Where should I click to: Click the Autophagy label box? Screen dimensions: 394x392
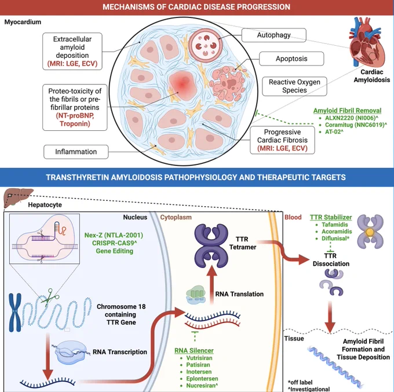[x=274, y=35]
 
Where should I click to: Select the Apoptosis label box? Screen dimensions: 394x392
[x=291, y=58]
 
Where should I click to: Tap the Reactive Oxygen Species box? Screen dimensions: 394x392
[x=294, y=86]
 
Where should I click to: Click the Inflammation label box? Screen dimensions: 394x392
[x=76, y=152]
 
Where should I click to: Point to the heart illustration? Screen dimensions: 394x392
[x=367, y=42]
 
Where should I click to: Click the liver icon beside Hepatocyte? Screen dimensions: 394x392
[x=18, y=197]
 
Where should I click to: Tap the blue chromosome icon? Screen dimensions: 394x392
[x=15, y=312]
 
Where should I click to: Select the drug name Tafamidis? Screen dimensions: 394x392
[x=335, y=225]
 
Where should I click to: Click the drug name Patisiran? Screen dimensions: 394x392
[x=198, y=365]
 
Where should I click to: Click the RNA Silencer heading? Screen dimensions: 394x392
[x=194, y=350]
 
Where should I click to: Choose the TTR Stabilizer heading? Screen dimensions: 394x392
[x=331, y=217]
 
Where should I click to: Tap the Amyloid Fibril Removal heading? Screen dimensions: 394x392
[x=347, y=111]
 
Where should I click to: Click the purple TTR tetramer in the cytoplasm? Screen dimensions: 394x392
[x=211, y=246]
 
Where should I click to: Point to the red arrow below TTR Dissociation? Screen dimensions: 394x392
[x=330, y=317]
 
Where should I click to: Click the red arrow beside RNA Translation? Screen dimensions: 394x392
[x=211, y=285]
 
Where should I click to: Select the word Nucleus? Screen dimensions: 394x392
[x=135, y=217]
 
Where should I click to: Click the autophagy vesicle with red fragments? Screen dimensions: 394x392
[x=206, y=46]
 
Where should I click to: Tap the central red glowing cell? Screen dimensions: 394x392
[x=183, y=85]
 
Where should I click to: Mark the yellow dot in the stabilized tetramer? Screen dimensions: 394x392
[x=370, y=232]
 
